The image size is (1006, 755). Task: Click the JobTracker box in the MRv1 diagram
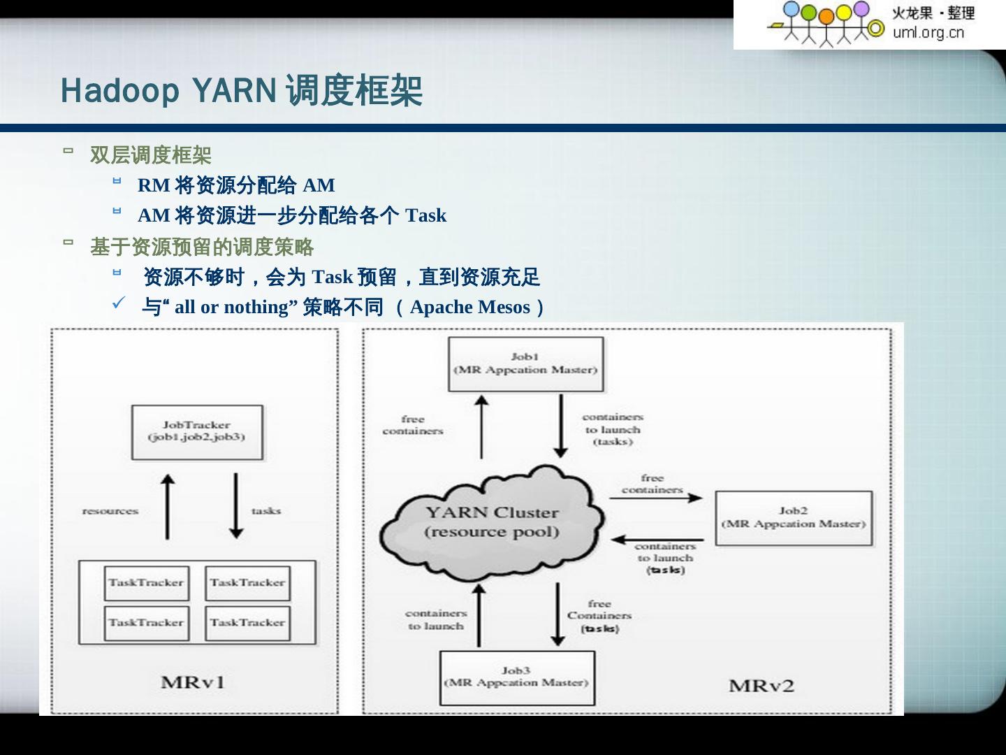[197, 432]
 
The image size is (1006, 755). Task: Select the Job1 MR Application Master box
[525, 364]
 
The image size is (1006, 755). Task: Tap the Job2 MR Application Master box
[794, 518]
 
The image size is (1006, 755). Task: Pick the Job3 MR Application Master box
[517, 677]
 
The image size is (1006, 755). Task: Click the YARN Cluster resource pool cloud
[492, 523]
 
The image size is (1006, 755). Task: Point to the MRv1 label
[193, 682]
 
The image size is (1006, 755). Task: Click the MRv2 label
[761, 686]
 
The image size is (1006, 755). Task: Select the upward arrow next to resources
[167, 507]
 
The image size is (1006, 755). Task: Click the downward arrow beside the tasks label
[236, 507]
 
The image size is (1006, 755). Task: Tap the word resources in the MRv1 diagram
[110, 511]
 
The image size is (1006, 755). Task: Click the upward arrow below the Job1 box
[481, 426]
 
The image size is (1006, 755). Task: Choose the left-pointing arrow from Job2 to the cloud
[657, 540]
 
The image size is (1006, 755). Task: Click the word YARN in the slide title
[234, 91]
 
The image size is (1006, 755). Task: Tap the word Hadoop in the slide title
[120, 91]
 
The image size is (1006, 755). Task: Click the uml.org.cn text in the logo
[928, 32]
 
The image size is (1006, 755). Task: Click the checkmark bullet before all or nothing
[119, 303]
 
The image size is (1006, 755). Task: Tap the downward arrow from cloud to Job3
[557, 614]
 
